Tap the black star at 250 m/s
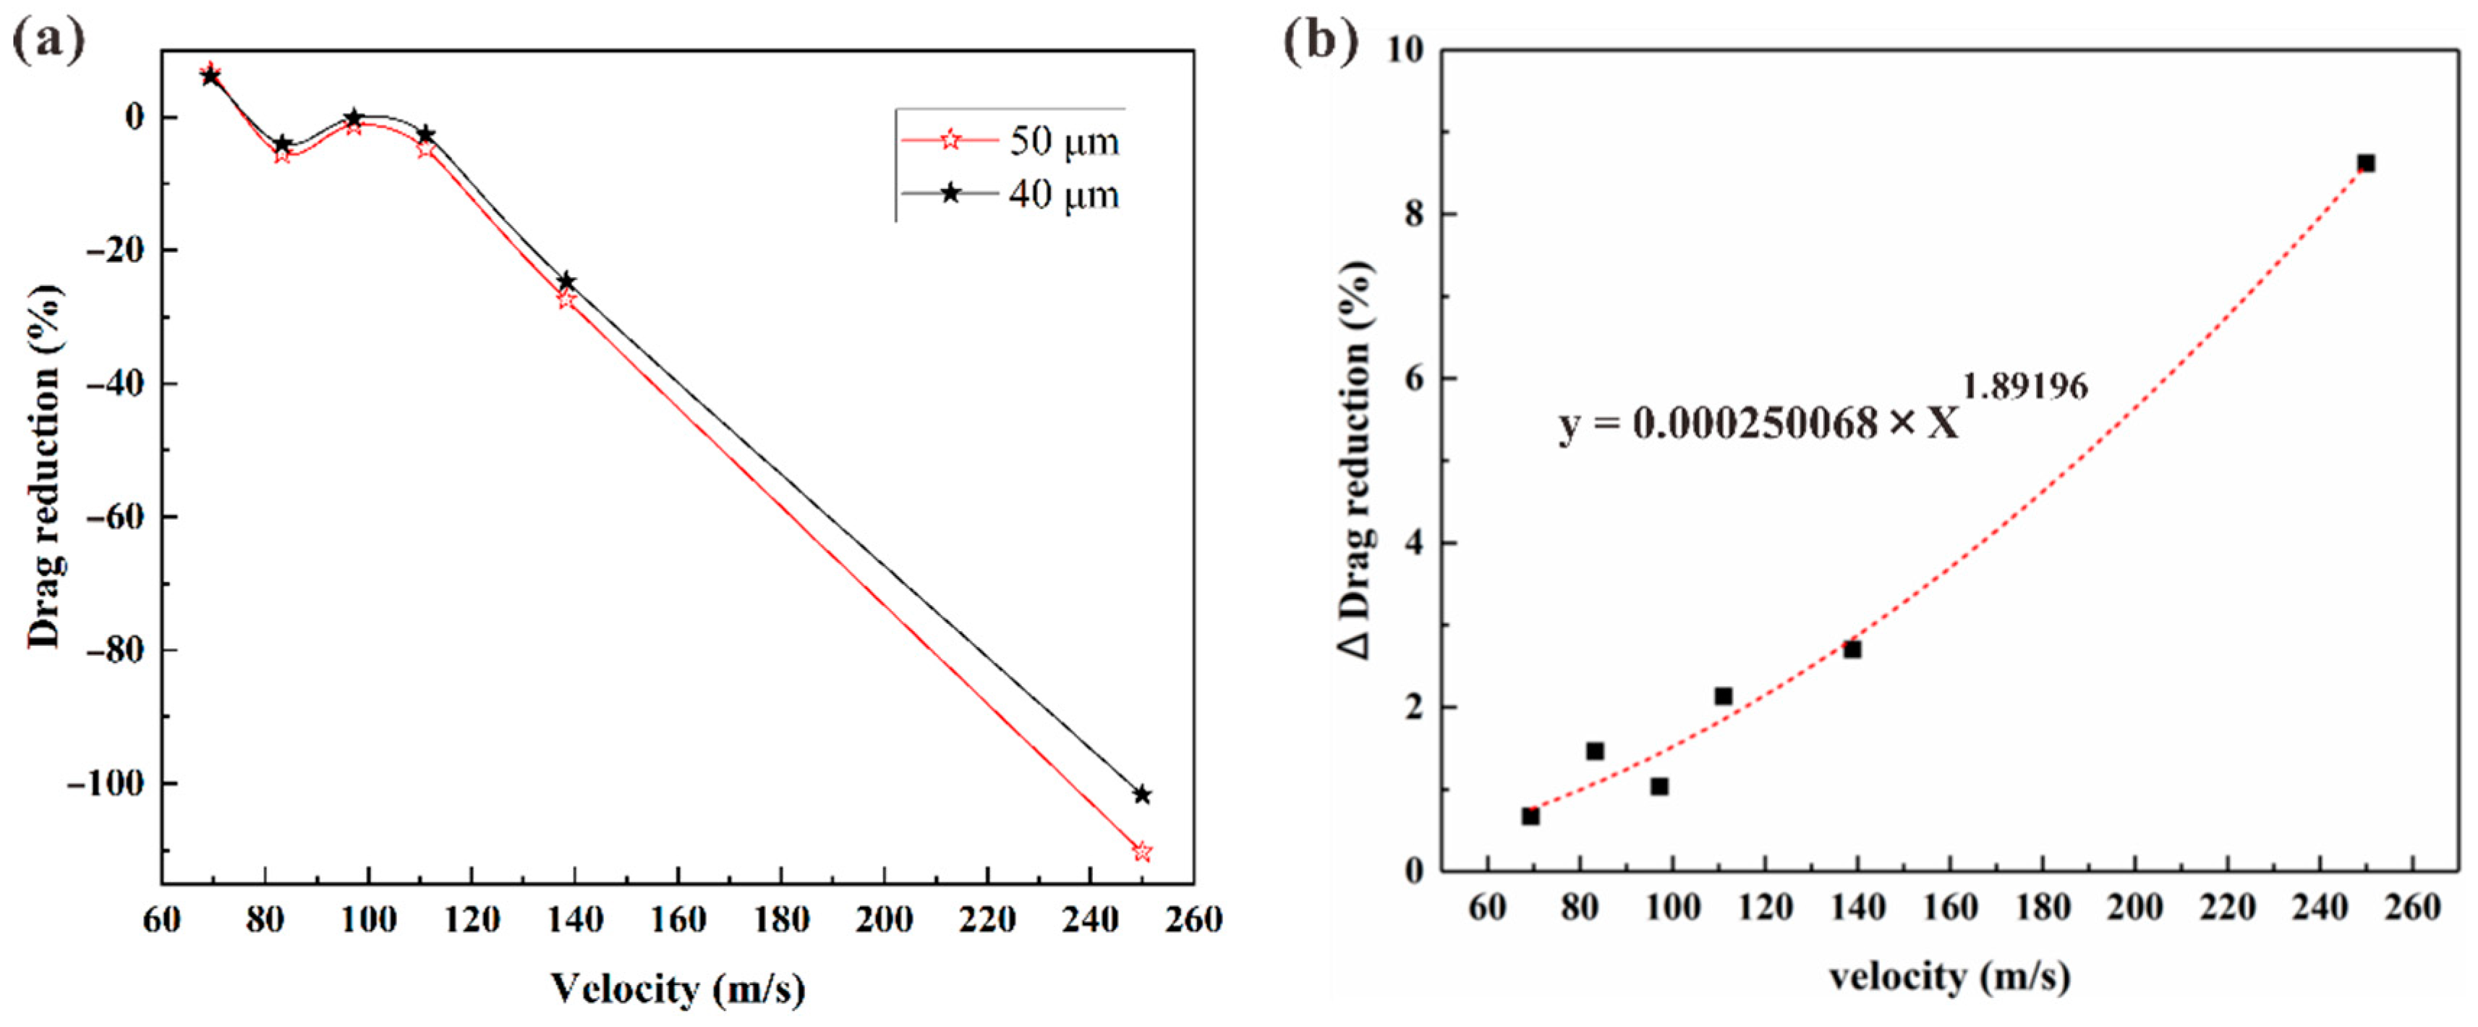pos(1142,795)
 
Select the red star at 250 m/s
pos(1142,852)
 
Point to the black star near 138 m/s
pos(566,281)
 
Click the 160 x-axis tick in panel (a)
pos(678,920)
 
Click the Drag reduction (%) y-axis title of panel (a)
pos(43,467)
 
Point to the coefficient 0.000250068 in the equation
pos(1755,423)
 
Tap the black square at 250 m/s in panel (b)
pos(2365,164)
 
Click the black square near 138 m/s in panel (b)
pos(1852,650)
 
